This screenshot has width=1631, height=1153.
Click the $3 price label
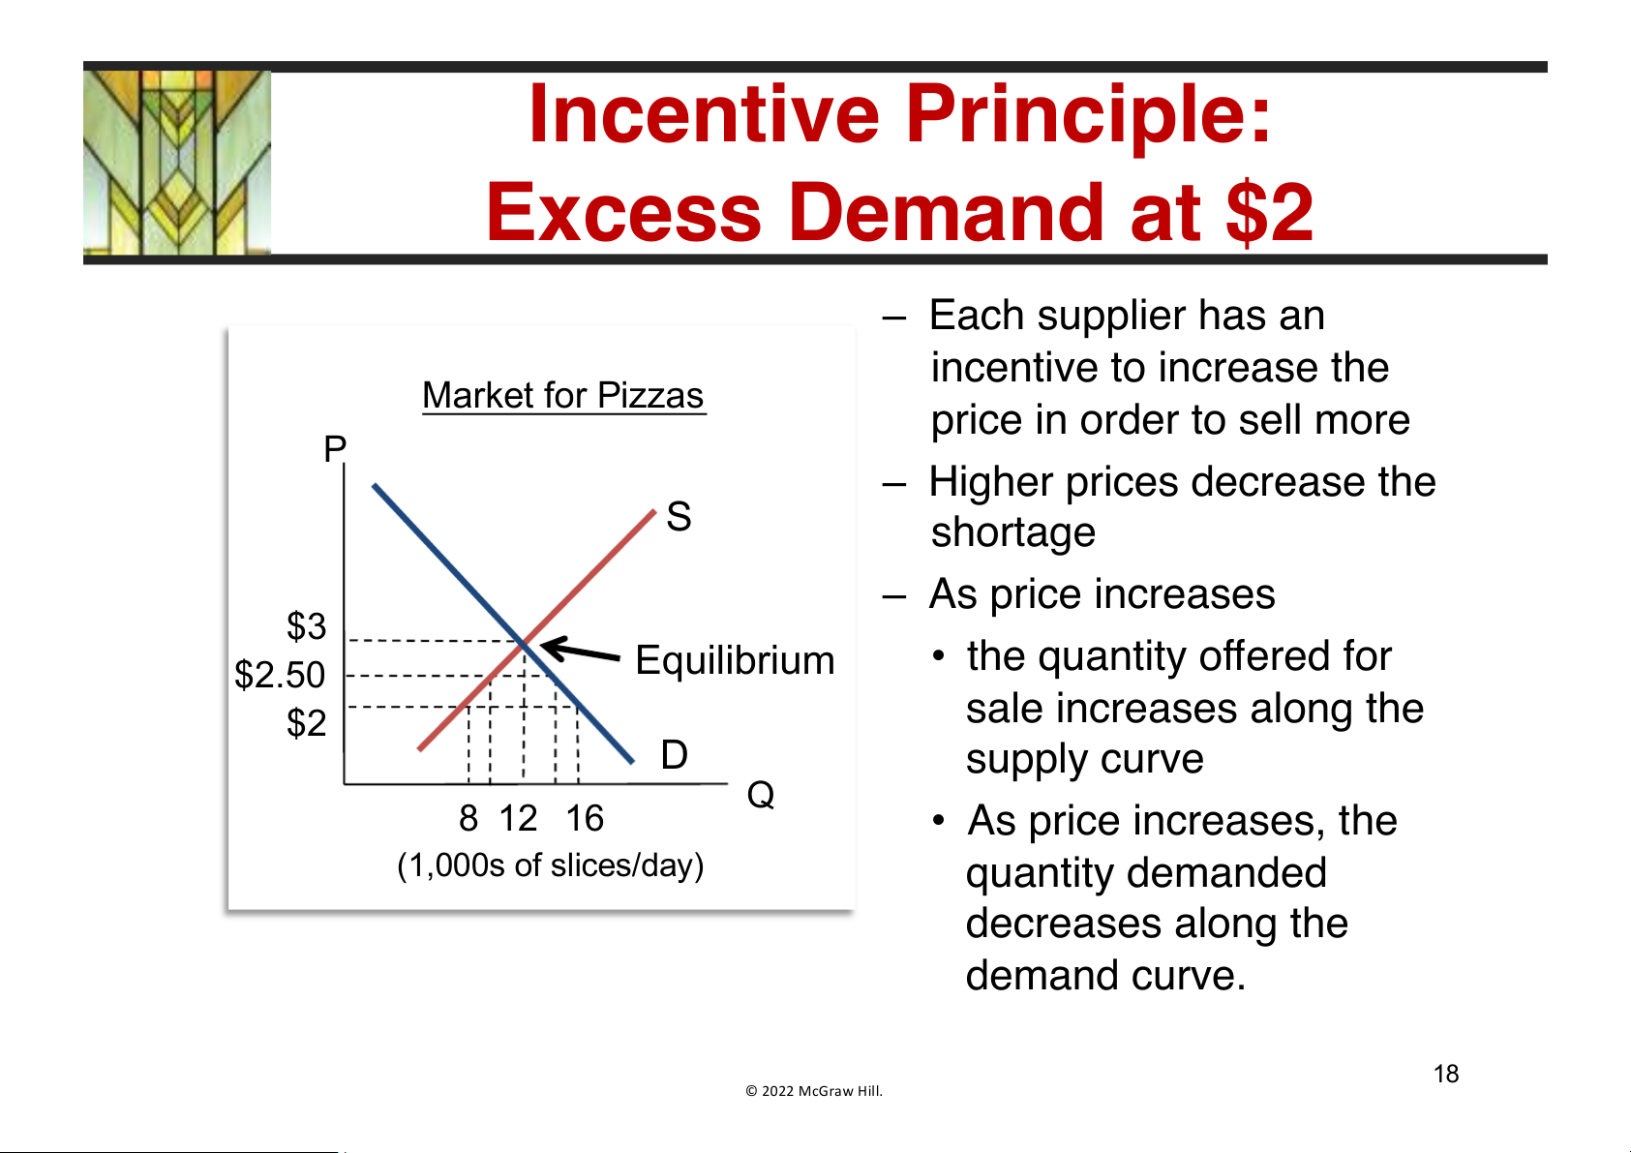[x=307, y=626]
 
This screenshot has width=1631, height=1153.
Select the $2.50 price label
[x=280, y=675]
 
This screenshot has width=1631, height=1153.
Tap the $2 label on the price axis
[x=307, y=723]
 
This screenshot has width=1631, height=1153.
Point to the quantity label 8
[x=468, y=818]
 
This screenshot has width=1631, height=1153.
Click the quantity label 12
[x=519, y=818]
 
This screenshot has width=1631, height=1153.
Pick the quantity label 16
[x=585, y=818]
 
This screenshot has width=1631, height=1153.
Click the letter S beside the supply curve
[x=679, y=516]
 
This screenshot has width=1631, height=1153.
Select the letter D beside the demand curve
[x=675, y=754]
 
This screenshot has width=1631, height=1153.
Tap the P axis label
[x=335, y=448]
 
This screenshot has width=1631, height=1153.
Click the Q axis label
[x=761, y=794]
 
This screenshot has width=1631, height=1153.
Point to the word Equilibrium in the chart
[x=735, y=660]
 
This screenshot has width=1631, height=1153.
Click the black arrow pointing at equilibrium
[x=580, y=650]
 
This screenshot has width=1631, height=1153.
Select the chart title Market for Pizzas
[x=562, y=396]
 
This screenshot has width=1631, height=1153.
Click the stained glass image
[x=177, y=163]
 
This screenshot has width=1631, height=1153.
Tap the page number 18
[x=1446, y=1074]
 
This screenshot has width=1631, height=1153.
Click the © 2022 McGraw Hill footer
[x=814, y=1091]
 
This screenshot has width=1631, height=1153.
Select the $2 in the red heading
[x=1270, y=212]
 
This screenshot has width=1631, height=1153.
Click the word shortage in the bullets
[x=1012, y=531]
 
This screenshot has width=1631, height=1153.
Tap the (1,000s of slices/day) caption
[x=551, y=865]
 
